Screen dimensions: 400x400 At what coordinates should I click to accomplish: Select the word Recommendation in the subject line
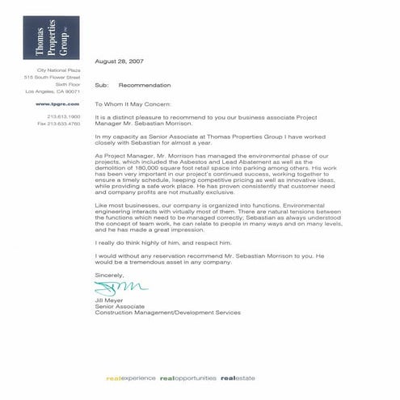coord(145,84)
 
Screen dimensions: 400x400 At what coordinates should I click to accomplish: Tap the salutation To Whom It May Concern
coord(135,104)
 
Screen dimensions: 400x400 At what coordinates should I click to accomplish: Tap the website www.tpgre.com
coord(65,104)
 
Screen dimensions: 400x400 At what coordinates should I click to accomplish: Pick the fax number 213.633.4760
coord(62,124)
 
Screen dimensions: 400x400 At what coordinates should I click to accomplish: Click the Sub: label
coord(101,84)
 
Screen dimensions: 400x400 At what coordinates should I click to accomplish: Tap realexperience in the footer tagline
coord(128,377)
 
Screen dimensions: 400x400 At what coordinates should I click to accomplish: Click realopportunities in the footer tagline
coord(187,377)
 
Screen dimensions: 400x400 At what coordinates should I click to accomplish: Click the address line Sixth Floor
coord(68,84)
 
